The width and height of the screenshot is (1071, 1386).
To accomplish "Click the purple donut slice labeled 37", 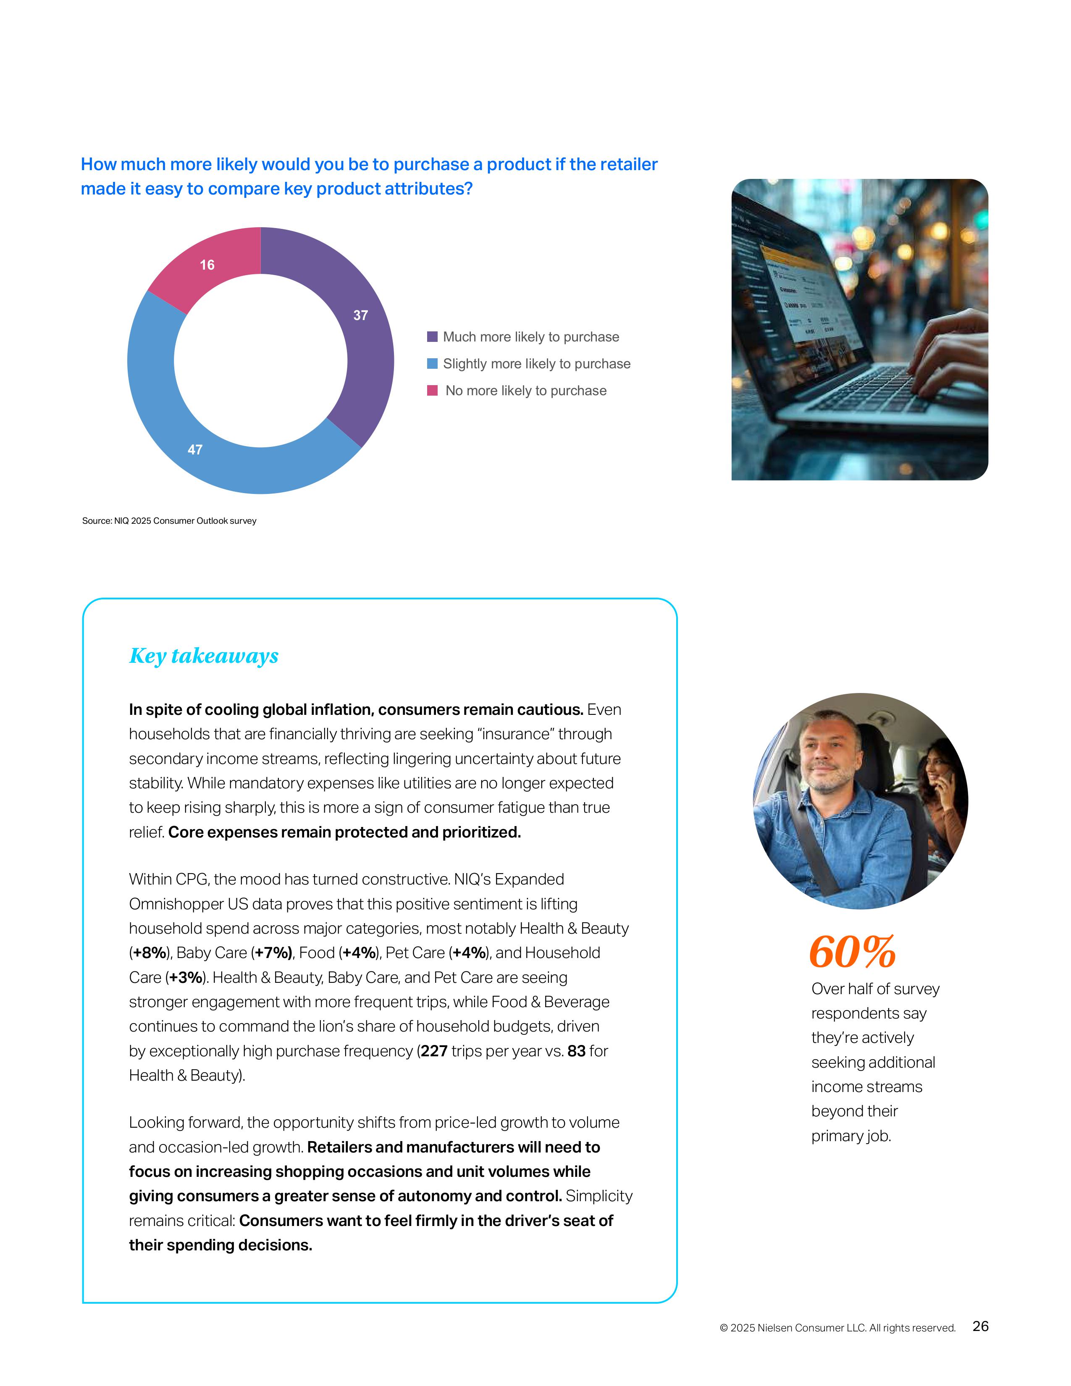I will pos(365,330).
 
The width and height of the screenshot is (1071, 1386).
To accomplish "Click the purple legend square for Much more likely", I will pos(432,337).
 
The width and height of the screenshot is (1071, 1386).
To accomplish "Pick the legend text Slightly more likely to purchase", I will pos(536,364).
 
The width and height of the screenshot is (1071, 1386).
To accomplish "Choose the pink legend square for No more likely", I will pos(432,390).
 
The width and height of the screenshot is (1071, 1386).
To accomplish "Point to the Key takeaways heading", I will pos(204,656).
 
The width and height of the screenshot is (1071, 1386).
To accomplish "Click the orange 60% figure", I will pos(852,952).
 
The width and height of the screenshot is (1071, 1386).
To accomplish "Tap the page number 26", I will pos(980,1326).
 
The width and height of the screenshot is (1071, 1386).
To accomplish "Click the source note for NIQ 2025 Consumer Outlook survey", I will pos(169,521).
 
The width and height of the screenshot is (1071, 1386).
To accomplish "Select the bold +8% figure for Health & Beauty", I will pos(150,953).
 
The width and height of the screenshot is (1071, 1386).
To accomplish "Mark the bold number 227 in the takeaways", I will pos(434,1051).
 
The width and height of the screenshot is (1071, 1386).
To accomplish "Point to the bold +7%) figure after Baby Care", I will pos(273,953).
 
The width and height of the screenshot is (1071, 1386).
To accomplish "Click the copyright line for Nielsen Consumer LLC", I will pos(837,1328).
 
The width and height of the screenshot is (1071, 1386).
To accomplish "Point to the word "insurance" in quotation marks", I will pos(523,734).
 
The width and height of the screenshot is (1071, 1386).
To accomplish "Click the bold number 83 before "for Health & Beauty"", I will pos(576,1051).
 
